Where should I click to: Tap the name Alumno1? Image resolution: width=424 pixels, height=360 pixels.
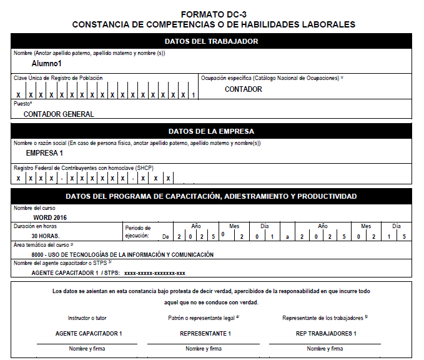(47, 64)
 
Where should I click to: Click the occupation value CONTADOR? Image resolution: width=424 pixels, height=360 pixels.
(244, 89)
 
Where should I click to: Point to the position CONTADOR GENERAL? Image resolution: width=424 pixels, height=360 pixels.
(59, 114)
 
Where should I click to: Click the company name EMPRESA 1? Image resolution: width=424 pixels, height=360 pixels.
(44, 153)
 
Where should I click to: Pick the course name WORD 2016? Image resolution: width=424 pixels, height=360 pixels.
(49, 217)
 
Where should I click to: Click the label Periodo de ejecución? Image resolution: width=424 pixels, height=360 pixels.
(138, 232)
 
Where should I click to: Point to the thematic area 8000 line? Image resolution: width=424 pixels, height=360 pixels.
(122, 254)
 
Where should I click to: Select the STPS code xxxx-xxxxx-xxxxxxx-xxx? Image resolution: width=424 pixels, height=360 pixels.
(155, 273)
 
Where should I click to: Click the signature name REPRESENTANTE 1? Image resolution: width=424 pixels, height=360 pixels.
(205, 333)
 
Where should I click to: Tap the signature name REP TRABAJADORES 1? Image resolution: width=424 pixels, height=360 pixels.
(325, 333)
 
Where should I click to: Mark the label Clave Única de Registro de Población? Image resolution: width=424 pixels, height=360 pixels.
(58, 78)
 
